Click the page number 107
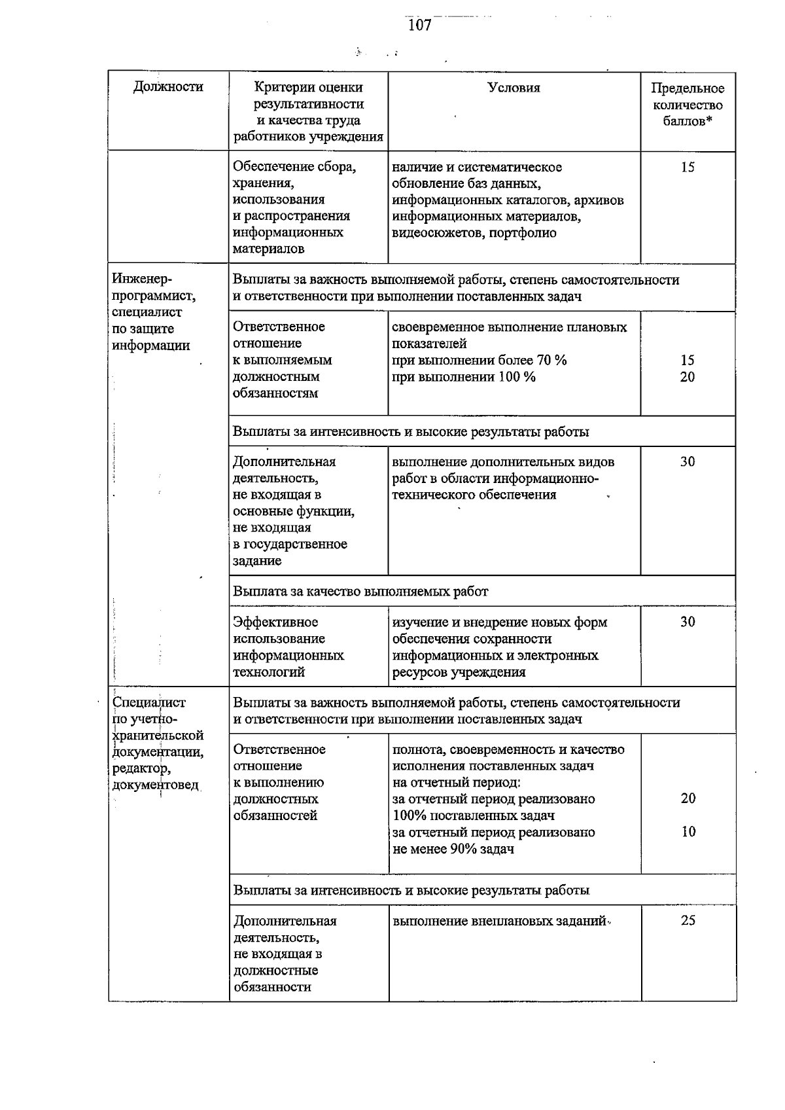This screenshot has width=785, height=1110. [x=419, y=26]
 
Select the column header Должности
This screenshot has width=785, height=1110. [x=168, y=87]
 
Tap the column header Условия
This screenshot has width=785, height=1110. [x=514, y=88]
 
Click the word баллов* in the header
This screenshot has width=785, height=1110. [x=687, y=122]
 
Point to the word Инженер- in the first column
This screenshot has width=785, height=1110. [x=142, y=279]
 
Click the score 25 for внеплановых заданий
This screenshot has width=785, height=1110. [x=688, y=921]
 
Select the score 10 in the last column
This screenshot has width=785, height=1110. [x=688, y=832]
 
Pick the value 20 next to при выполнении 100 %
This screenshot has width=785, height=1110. [x=687, y=377]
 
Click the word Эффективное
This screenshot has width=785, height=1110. [x=275, y=622]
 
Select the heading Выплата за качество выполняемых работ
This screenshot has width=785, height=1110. [x=360, y=592]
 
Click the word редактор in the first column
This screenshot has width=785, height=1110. [x=141, y=768]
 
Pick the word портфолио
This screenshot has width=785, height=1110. [x=521, y=233]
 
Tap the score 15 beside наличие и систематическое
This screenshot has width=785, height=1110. [x=687, y=168]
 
